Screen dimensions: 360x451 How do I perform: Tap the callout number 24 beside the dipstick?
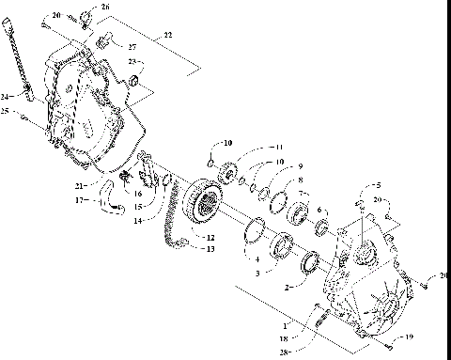click(7, 96)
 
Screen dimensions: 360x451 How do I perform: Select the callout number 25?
click(7, 112)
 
